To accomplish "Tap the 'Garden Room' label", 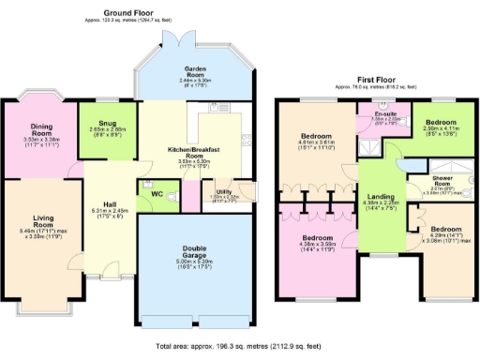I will click(x=195, y=69).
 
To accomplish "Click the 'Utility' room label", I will click(x=215, y=190).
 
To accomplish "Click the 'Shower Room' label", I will click(x=441, y=179).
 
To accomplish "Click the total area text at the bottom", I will click(x=240, y=346).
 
